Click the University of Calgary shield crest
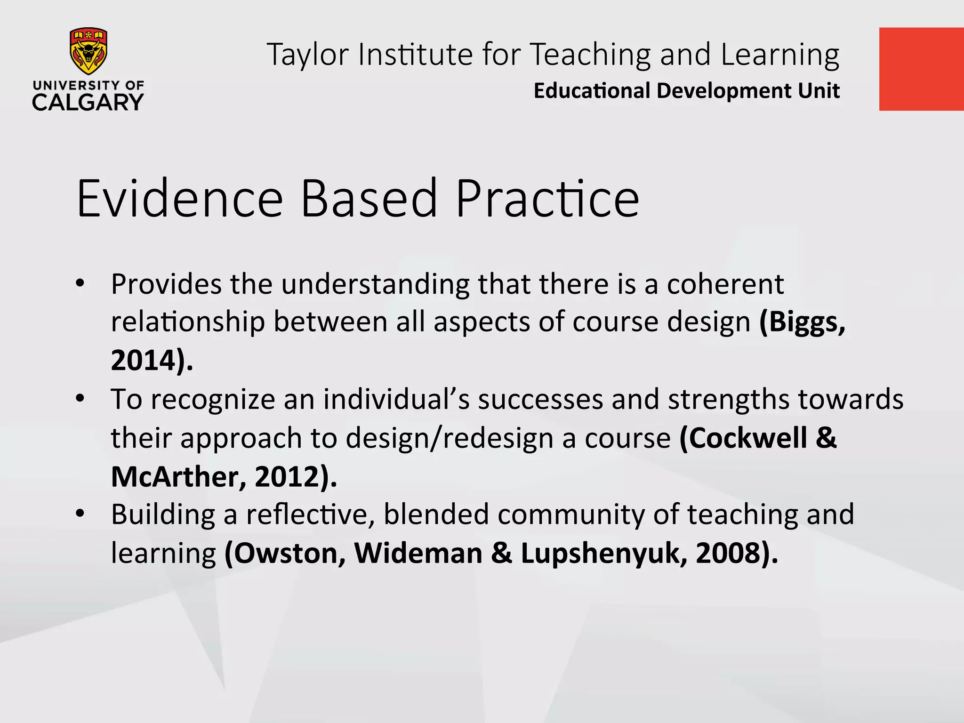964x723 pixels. pyautogui.click(x=88, y=51)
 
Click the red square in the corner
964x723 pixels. pyautogui.click(x=921, y=69)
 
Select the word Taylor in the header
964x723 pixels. pyautogui.click(x=307, y=55)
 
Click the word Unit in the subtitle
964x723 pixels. pyautogui.click(x=819, y=91)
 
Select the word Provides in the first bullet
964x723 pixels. pyautogui.click(x=166, y=284)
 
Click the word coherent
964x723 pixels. pyautogui.click(x=725, y=284)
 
